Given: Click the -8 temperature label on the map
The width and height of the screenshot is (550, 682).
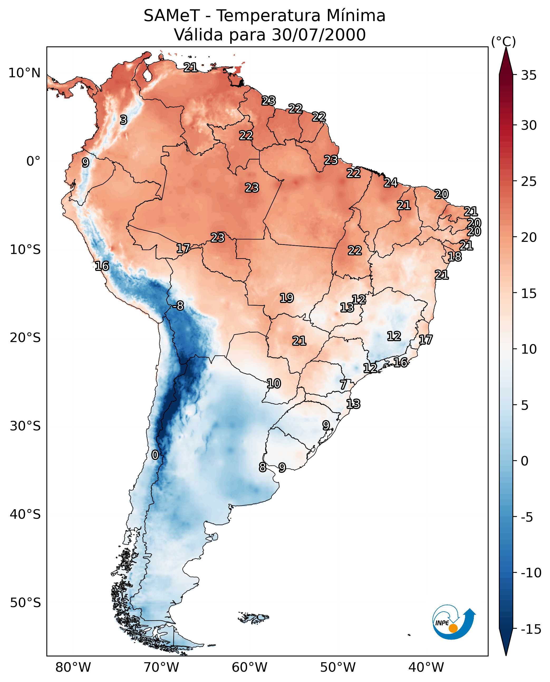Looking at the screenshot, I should (x=178, y=306).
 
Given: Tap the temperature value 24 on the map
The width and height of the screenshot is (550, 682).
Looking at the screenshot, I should (x=391, y=182).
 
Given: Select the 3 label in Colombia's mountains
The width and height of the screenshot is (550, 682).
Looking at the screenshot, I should (x=124, y=120).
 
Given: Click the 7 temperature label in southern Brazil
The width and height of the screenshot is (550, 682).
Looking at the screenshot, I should (x=343, y=385).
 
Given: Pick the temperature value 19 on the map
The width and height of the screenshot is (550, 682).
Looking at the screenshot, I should (x=287, y=298).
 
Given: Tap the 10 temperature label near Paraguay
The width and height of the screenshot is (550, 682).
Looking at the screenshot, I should (x=273, y=383).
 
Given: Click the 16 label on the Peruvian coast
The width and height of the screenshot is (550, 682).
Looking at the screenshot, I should (x=102, y=266).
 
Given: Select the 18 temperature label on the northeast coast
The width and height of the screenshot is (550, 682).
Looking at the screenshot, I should (x=455, y=257).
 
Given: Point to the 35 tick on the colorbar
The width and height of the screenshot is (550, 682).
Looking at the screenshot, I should (x=529, y=75).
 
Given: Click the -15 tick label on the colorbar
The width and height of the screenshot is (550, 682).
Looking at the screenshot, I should (x=531, y=630).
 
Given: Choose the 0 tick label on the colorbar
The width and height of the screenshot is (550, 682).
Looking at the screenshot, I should (x=525, y=461).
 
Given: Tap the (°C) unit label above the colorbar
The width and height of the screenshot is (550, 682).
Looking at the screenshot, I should (x=503, y=41).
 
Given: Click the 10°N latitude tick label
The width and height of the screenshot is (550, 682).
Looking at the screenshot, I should (x=25, y=73).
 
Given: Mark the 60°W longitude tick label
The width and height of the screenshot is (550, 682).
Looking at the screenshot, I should (x=249, y=667).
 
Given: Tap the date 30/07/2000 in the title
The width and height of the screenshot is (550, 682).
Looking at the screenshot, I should (x=319, y=35).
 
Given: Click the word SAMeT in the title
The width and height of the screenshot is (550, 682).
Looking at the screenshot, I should (x=172, y=16).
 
